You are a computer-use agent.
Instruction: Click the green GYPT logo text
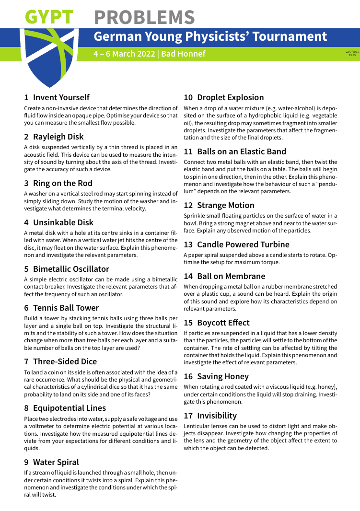pos(49,17)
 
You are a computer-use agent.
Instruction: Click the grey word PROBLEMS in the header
pos(144,17)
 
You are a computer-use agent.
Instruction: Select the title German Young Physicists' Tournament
pos(210,37)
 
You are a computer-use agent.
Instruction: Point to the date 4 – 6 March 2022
pos(124,54)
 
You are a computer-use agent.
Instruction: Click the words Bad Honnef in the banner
pos(183,54)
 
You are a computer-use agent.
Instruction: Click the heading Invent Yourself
pos(61,97)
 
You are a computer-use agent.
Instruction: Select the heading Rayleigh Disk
pos(58,137)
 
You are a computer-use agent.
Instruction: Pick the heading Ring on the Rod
pos(63,183)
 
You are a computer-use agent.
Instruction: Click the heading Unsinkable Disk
pos(63,222)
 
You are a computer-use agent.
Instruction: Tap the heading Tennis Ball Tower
pos(66,308)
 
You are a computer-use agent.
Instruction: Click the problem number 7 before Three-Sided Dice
pos(26,361)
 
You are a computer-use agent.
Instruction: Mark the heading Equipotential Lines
pos(70,408)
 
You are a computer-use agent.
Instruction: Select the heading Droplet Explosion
pos(230,97)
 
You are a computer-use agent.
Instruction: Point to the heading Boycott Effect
pos(223,323)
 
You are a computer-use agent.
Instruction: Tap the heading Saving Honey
pos(223,376)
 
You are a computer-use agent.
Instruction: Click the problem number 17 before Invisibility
pos(188,416)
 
